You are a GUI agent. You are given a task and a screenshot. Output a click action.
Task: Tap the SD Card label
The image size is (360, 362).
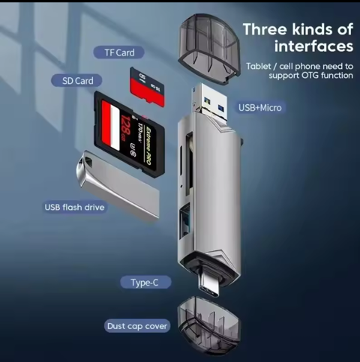click(77, 80)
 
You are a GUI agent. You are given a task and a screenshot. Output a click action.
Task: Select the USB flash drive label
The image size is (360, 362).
click(75, 207)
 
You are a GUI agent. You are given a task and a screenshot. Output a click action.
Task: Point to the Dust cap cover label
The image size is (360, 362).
click(137, 326)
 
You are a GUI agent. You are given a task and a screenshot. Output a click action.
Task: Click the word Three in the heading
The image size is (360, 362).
click(266, 29)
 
